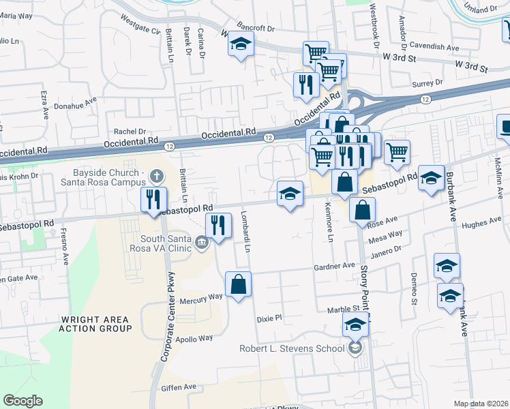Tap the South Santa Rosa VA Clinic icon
pyautogui.click(x=200, y=242)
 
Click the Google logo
pyautogui.click(x=22, y=401)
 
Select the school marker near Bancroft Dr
pyautogui.click(x=240, y=44)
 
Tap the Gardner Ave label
pyautogui.click(x=335, y=266)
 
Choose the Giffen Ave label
pyautogui.click(x=179, y=387)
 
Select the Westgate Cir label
pyautogui.click(x=140, y=31)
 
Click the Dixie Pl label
pyautogui.click(x=269, y=318)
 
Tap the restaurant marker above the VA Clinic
pyautogui.click(x=217, y=225)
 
